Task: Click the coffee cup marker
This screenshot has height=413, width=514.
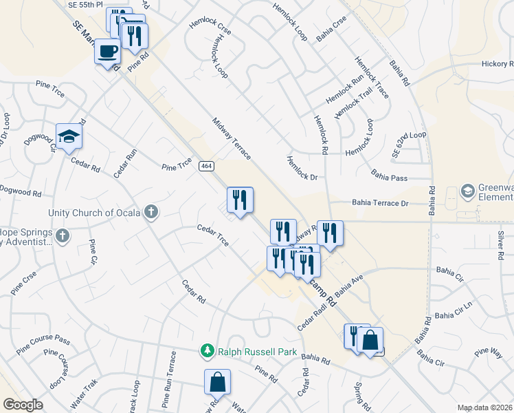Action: click(107, 52)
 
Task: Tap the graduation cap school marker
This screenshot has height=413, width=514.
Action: click(69, 137)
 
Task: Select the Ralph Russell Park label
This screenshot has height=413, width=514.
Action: click(257, 352)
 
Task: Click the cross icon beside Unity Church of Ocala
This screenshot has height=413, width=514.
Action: click(151, 212)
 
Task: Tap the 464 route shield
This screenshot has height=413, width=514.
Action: click(205, 166)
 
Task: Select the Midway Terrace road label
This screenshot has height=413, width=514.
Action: click(232, 138)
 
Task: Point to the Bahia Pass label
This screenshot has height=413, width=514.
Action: click(389, 178)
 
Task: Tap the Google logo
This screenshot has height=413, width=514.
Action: click(22, 405)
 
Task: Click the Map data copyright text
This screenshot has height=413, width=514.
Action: click(484, 407)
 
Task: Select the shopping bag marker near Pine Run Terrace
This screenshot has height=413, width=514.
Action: click(217, 383)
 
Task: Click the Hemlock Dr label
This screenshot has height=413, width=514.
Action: click(302, 167)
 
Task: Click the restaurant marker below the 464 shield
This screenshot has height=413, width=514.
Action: click(240, 200)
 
